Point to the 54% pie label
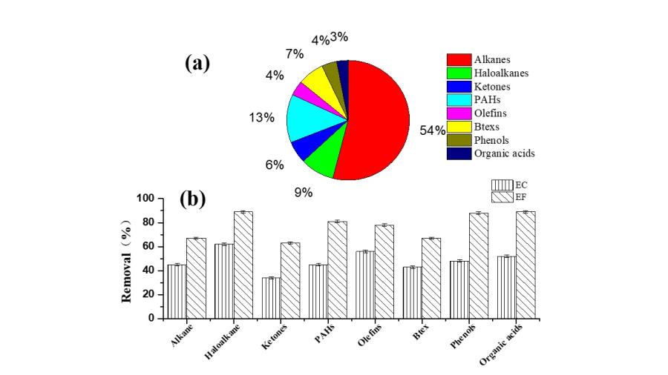pos(433,130)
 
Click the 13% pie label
pos(261,117)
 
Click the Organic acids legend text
pos(505,153)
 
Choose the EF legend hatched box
pos(502,196)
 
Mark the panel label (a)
pos(197,64)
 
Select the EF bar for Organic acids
pos(525,265)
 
